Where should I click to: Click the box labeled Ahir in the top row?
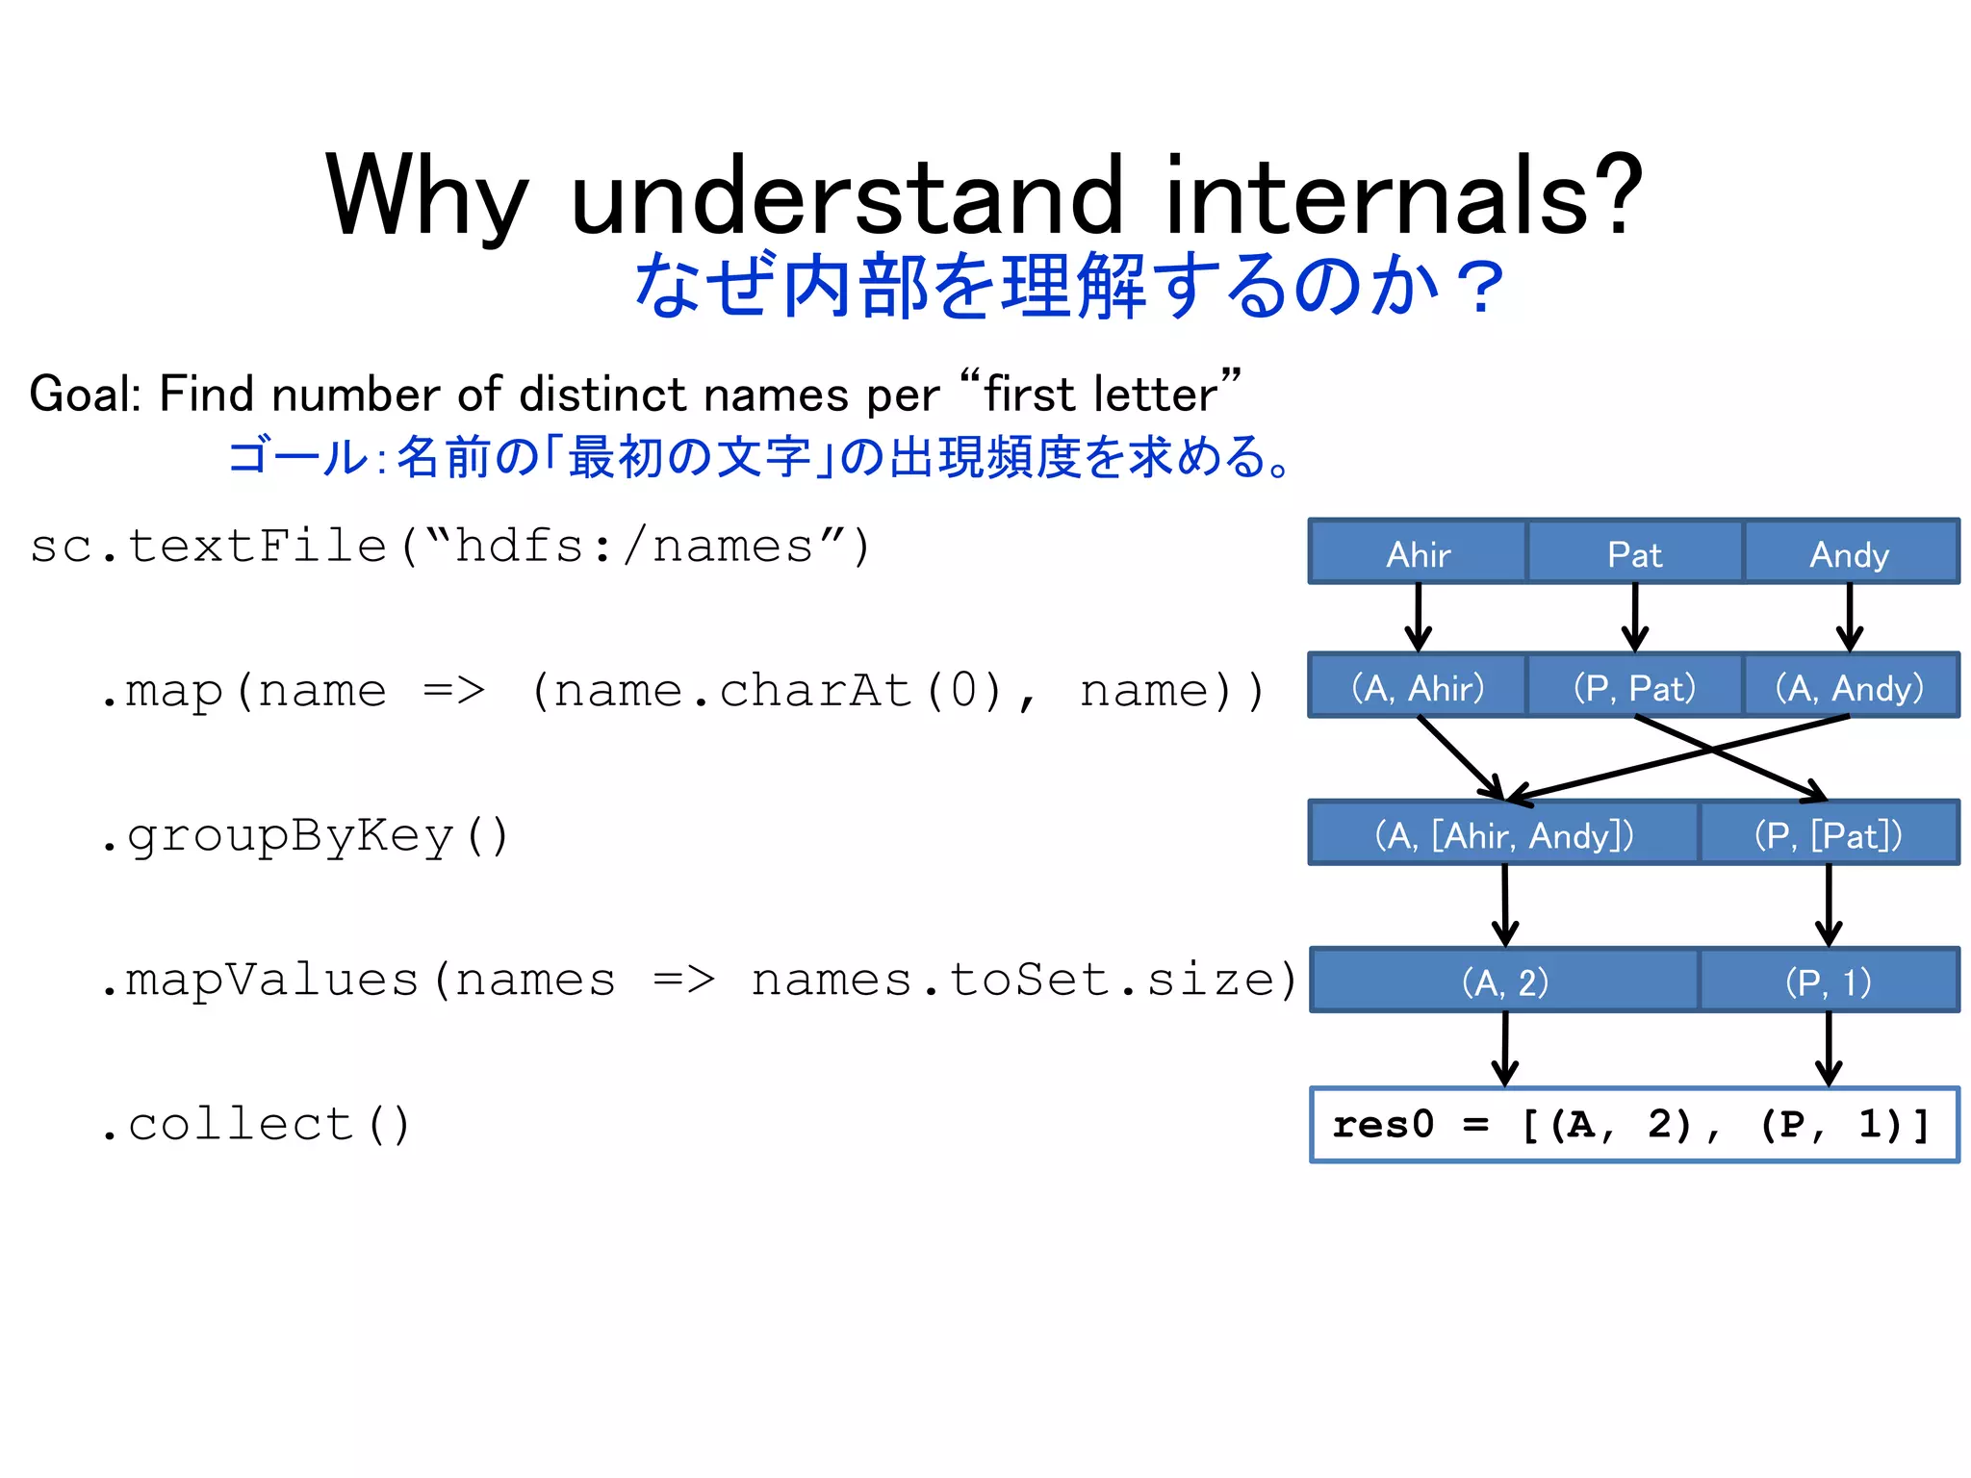(1418, 552)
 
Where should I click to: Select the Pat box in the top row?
(1634, 552)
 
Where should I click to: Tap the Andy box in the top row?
(1850, 552)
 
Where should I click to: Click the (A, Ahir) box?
(1418, 686)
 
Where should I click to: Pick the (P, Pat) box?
(1634, 686)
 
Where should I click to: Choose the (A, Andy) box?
(1850, 686)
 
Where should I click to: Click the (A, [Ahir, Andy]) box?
(1504, 833)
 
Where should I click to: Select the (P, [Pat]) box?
(1828, 833)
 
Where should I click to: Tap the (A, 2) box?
(1504, 981)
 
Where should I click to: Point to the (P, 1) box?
(1828, 981)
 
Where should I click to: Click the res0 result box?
(1633, 1125)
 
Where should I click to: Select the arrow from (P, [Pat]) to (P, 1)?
(1829, 905)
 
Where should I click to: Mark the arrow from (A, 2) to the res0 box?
(1505, 1049)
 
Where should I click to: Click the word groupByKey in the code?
(289, 836)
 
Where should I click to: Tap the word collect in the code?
(241, 1125)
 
